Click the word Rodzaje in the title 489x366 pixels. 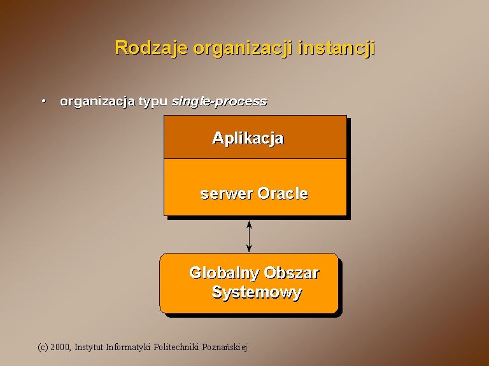click(152, 48)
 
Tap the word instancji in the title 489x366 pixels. click(336, 48)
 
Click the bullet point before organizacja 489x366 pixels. click(44, 101)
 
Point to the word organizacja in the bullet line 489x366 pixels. click(97, 102)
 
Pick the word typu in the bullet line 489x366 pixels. click(153, 102)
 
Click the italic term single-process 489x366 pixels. click(220, 102)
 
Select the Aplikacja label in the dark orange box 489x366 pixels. click(248, 138)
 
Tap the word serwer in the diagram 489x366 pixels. click(227, 194)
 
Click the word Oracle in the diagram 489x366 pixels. click(283, 193)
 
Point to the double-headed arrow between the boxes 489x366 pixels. click(249, 236)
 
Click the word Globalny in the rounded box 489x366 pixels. click(224, 273)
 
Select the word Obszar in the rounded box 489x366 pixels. click(292, 273)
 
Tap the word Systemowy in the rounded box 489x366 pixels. click(257, 292)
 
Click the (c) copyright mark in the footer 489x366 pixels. click(43, 347)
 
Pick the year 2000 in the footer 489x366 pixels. click(60, 347)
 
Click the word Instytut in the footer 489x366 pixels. click(89, 347)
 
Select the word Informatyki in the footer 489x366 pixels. click(128, 347)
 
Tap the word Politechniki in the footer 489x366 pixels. click(176, 347)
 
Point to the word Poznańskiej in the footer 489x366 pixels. click(225, 347)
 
